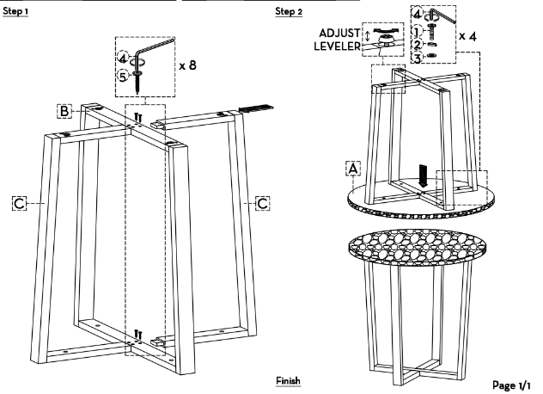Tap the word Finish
[288, 380]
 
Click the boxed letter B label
[64, 110]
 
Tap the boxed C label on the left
[19, 202]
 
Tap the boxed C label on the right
[263, 202]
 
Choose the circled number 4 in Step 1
[124, 58]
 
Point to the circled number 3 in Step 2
[417, 58]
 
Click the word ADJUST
[339, 33]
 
